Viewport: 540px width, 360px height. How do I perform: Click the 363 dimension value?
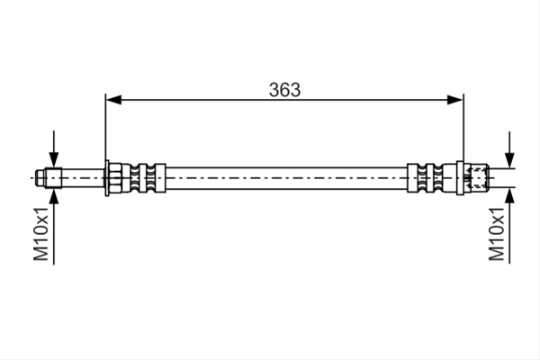click(284, 90)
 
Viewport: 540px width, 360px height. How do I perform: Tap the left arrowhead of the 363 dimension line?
click(113, 100)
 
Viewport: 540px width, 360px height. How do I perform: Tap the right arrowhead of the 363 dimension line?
click(454, 100)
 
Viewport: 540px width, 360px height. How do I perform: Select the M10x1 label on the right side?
click(497, 234)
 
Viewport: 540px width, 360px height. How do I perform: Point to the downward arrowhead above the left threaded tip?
click(54, 160)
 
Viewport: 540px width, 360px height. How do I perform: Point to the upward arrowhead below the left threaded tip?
click(54, 196)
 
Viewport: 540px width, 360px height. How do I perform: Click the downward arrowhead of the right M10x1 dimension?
click(509, 160)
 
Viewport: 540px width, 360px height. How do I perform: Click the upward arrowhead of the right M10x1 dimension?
click(509, 196)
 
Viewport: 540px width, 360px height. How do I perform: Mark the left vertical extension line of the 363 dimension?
click(105, 128)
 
